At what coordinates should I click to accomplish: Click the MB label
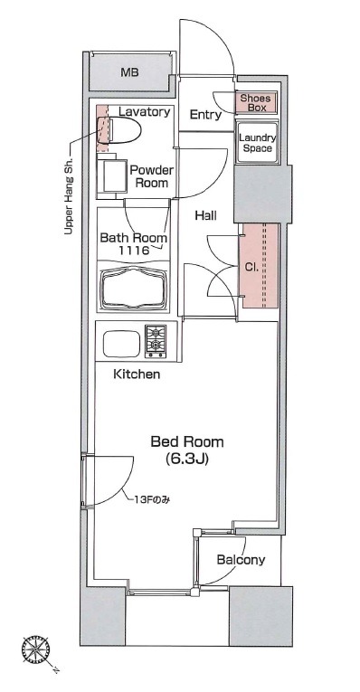(x=129, y=72)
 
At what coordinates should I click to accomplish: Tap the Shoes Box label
(x=255, y=102)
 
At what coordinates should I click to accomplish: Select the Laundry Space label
(x=257, y=143)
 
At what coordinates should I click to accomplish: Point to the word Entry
(x=205, y=115)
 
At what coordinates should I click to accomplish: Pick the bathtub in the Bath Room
(x=134, y=286)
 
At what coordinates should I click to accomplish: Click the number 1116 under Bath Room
(x=134, y=251)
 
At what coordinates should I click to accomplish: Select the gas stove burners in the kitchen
(x=156, y=341)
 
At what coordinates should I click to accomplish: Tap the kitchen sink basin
(x=121, y=344)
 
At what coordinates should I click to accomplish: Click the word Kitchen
(x=137, y=374)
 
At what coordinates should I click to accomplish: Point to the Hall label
(x=205, y=215)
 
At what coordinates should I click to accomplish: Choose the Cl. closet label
(x=251, y=268)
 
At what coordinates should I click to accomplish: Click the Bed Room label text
(x=187, y=441)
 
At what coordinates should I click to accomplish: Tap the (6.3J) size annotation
(x=187, y=460)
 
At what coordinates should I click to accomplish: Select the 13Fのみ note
(x=153, y=500)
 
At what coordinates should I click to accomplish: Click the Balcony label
(x=241, y=560)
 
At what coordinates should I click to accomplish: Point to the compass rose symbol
(x=36, y=650)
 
